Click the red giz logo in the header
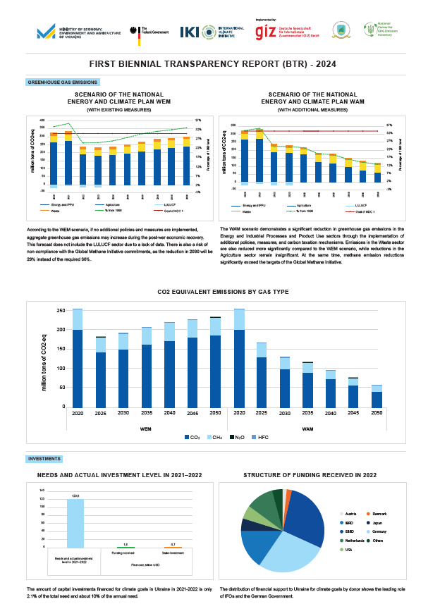[266, 31]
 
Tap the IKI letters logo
[189, 32]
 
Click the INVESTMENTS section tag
[44, 459]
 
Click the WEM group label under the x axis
[145, 428]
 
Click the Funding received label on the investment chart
[124, 554]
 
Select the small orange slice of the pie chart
[288, 492]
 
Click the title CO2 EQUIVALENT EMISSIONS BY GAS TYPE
[223, 292]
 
